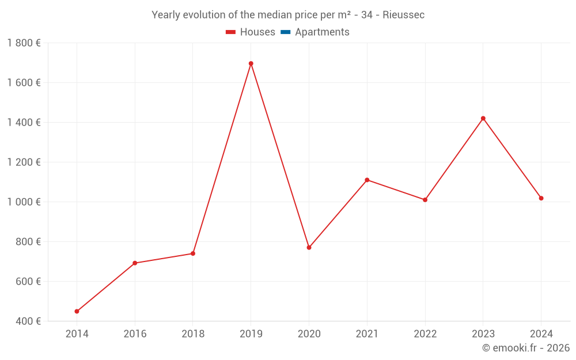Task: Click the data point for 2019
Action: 251,63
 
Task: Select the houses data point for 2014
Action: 77,311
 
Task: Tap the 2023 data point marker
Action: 483,119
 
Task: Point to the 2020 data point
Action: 309,248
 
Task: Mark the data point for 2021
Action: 367,180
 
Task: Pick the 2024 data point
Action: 541,198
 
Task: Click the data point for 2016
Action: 135,263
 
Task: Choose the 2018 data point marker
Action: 193,253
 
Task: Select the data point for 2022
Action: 425,200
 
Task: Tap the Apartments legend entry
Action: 322,32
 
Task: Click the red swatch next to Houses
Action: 231,32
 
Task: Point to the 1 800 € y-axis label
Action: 24,43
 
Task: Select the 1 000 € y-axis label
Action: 24,202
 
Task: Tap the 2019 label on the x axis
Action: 251,334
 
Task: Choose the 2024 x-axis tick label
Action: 541,334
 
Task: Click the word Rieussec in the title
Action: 403,15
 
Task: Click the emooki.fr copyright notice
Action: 525,348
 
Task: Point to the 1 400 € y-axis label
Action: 24,123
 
